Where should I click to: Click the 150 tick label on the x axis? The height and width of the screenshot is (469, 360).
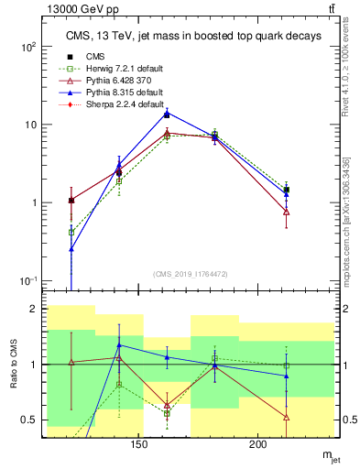coord(139,445)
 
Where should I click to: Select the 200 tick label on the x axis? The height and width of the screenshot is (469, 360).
coord(258,445)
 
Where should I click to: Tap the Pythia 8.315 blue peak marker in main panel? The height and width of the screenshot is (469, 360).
coord(167,114)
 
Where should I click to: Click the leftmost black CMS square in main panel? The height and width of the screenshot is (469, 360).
coord(71,200)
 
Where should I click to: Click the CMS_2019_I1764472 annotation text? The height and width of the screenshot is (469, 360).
coord(191,274)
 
